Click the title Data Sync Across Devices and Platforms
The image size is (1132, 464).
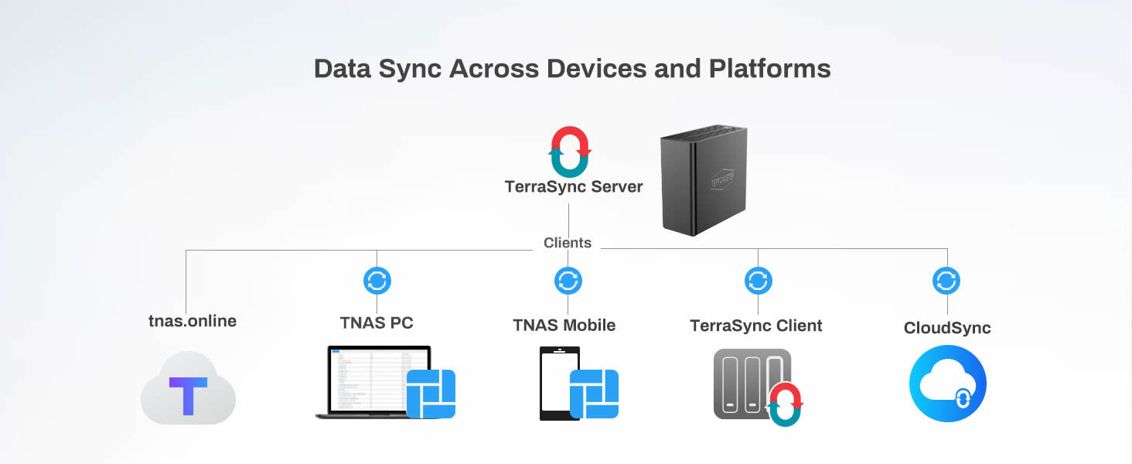(x=572, y=69)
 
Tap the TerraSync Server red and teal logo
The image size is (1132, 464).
(x=569, y=152)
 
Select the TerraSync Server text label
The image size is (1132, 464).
(x=573, y=187)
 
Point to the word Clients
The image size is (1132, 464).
(x=567, y=243)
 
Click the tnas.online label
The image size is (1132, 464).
(x=192, y=321)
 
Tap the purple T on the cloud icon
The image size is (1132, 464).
(x=188, y=395)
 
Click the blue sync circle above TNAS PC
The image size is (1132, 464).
(x=377, y=281)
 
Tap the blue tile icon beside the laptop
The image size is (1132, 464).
(x=431, y=394)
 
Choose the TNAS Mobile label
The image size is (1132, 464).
(x=564, y=326)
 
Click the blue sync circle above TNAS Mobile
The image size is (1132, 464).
(x=568, y=281)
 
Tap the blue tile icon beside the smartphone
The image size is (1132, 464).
(x=594, y=394)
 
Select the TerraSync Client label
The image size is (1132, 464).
(x=756, y=326)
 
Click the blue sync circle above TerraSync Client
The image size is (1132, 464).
(x=758, y=281)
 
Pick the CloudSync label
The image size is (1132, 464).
(x=947, y=328)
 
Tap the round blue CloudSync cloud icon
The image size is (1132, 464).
(x=947, y=384)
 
